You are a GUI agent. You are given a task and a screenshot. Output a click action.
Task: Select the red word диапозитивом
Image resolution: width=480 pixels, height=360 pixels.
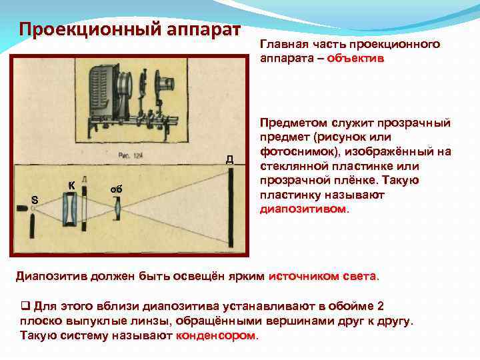click(x=303, y=209)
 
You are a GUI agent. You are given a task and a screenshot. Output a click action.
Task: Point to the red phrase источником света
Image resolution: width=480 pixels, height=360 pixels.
click(x=323, y=275)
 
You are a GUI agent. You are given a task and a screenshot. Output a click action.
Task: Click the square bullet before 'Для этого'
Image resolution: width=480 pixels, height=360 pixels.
click(x=25, y=307)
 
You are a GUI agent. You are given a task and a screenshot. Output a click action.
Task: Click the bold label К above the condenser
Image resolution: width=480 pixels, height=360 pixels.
click(x=71, y=185)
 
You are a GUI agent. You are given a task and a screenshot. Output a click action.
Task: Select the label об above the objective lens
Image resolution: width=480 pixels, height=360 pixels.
click(x=116, y=189)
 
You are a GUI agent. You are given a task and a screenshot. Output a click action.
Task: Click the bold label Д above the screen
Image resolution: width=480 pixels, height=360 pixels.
click(x=229, y=159)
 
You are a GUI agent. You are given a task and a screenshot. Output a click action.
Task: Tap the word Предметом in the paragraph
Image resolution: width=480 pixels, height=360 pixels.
click(x=291, y=123)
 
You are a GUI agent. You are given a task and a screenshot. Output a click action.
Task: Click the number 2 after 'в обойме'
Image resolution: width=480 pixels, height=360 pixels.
click(x=380, y=307)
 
